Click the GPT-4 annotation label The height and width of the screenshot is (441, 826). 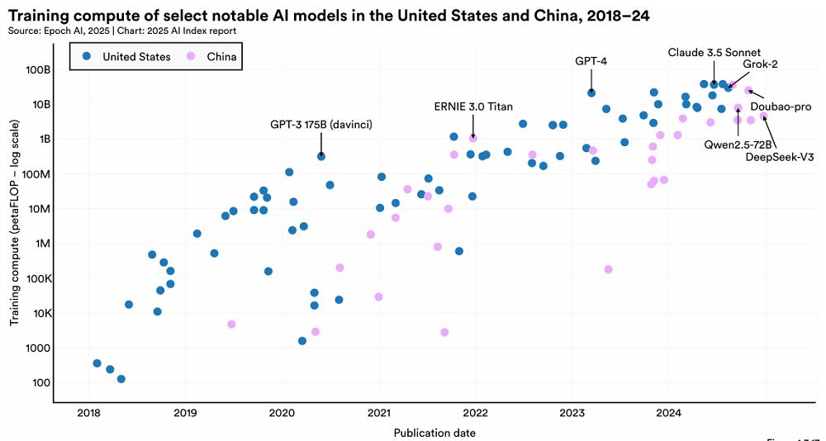pyautogui.click(x=591, y=60)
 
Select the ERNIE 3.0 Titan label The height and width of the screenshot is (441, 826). pyautogui.click(x=473, y=107)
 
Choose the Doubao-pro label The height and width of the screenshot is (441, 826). pyautogui.click(x=781, y=107)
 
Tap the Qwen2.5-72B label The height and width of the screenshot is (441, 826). pyautogui.click(x=738, y=144)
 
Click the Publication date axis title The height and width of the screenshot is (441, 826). pyautogui.click(x=434, y=432)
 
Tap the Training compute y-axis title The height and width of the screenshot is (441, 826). pyautogui.click(x=15, y=233)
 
